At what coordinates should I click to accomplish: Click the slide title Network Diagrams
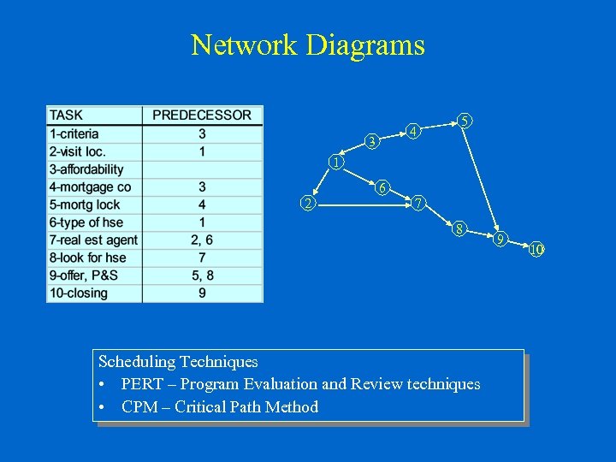pyautogui.click(x=307, y=44)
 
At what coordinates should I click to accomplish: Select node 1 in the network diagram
pyautogui.click(x=337, y=163)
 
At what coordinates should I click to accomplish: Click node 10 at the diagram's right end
pyautogui.click(x=536, y=250)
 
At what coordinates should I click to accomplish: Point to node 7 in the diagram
pyautogui.click(x=417, y=204)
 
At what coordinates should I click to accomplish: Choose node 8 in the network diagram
pyautogui.click(x=459, y=228)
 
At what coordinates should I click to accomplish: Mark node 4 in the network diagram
pyautogui.click(x=412, y=132)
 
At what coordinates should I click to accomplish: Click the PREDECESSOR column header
pyautogui.click(x=202, y=115)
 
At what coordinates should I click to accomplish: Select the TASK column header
pyautogui.click(x=67, y=115)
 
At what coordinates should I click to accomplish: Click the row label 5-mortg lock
pyautogui.click(x=85, y=204)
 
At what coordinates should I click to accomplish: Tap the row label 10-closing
pyautogui.click(x=79, y=293)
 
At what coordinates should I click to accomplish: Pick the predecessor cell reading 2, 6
pyautogui.click(x=202, y=240)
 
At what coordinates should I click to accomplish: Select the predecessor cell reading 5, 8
pyautogui.click(x=202, y=275)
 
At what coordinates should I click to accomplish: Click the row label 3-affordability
pyautogui.click(x=87, y=169)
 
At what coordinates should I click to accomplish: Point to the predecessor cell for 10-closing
pyautogui.click(x=202, y=293)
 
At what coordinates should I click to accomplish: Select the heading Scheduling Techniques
pyautogui.click(x=178, y=362)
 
